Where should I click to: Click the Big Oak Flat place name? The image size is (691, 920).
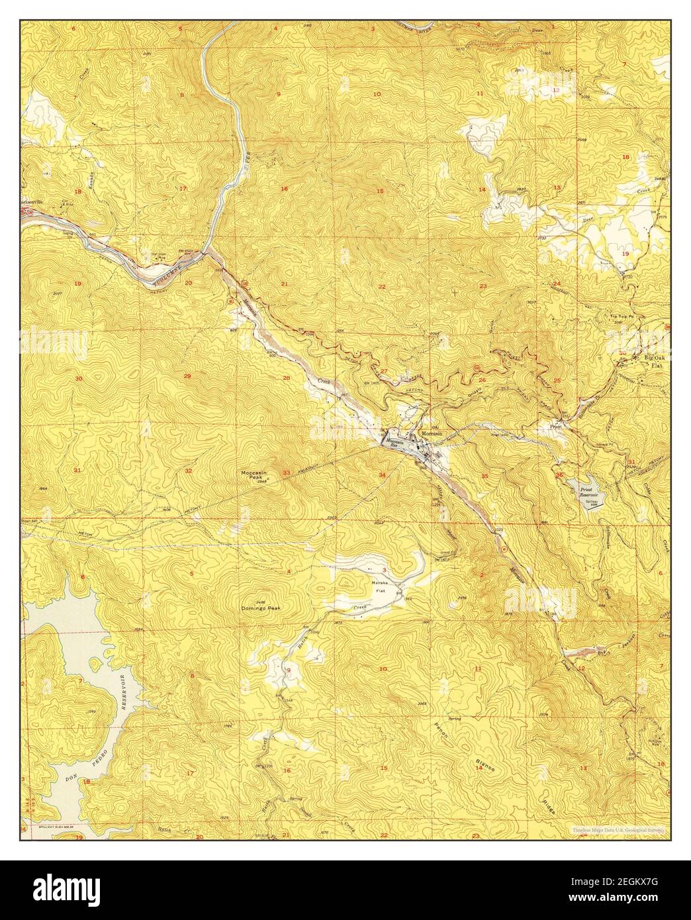(x=653, y=361)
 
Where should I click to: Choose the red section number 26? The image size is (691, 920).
(x=481, y=380)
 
